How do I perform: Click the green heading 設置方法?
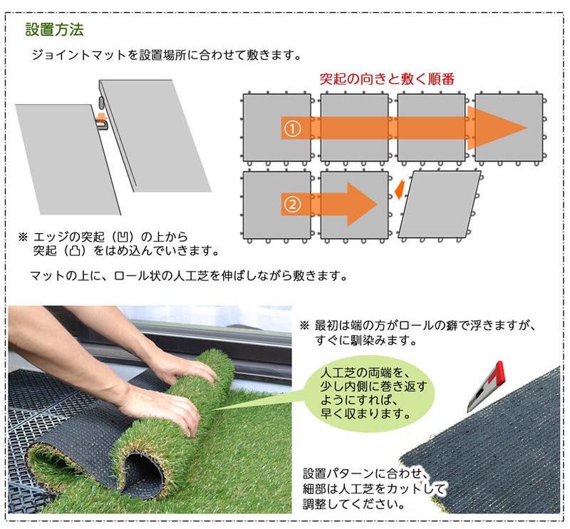55,29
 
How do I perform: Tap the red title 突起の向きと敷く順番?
387,78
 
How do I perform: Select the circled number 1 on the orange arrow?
293,128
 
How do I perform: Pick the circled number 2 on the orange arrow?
293,205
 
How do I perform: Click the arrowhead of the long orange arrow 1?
497,128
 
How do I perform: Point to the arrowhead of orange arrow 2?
362,205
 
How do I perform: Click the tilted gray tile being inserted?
440,205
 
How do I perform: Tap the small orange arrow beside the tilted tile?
400,189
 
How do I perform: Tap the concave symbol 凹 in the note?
123,237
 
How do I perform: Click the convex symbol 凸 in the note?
76,251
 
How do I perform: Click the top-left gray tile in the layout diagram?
277,128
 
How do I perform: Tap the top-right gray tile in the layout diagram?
509,128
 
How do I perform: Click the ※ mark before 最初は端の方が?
305,325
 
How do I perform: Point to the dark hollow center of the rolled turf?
145,473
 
